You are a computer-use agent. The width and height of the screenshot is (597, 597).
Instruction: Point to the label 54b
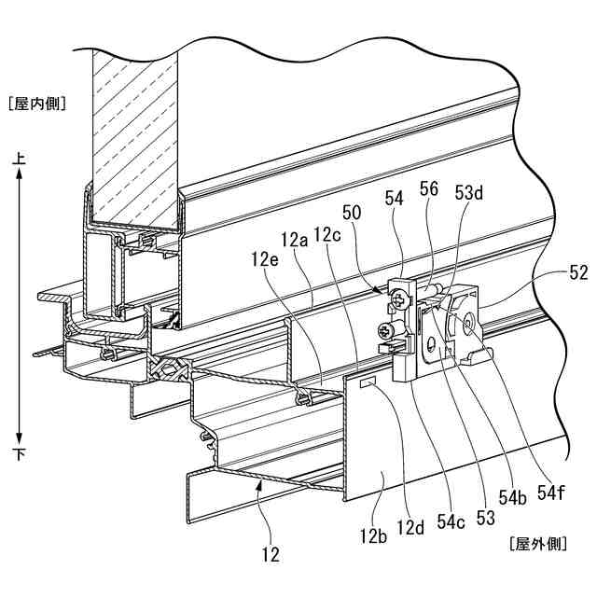(x=511, y=499)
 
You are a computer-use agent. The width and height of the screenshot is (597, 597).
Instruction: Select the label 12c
(x=327, y=234)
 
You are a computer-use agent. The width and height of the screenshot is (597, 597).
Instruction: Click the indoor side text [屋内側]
(x=35, y=104)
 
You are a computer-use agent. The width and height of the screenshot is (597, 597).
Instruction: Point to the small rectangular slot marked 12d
(x=367, y=382)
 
